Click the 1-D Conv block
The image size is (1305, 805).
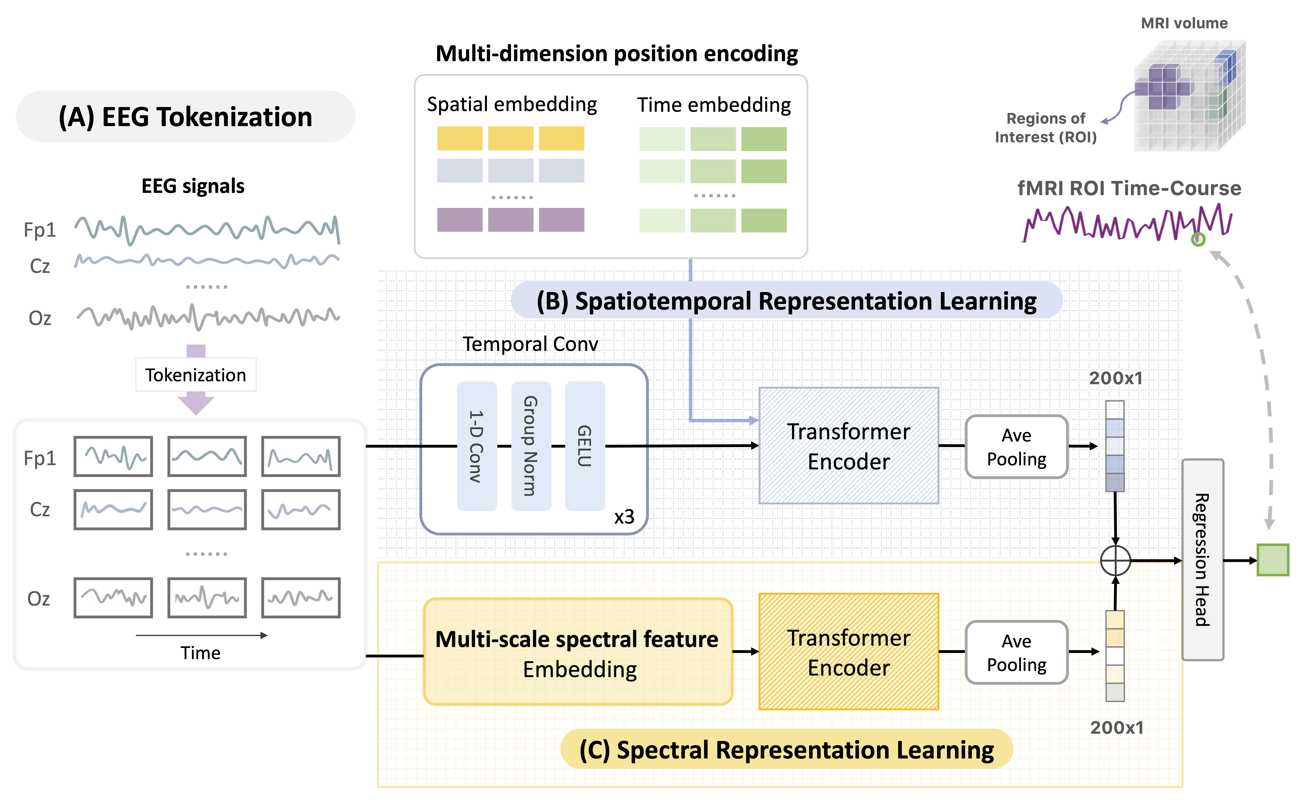tap(477, 446)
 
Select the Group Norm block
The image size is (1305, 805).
tap(531, 446)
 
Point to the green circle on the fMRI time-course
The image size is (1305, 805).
tap(1198, 240)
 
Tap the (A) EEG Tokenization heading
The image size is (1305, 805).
tap(185, 117)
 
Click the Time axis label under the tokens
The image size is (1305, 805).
tap(200, 653)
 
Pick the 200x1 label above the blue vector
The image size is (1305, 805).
tap(1115, 378)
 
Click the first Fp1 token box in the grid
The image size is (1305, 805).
tap(113, 456)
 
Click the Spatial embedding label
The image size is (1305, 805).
tap(512, 104)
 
